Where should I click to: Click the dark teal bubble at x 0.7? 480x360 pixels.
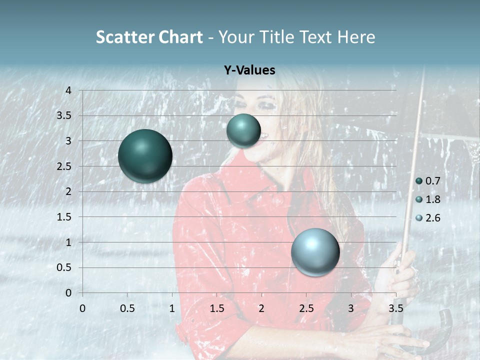coord(145,155)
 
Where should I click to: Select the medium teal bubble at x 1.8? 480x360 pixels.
coord(243,130)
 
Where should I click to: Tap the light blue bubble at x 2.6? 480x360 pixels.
coord(315,252)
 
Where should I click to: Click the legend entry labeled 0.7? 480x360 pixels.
coord(428,181)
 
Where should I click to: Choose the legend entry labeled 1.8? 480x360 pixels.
coord(428,199)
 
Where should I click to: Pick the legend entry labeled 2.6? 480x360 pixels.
coord(428,218)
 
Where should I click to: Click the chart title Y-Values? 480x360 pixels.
coord(249,70)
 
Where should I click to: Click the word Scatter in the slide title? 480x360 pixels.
coord(124,37)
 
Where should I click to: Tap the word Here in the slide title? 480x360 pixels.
coord(355,37)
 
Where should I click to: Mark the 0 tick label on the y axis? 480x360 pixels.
coord(69,293)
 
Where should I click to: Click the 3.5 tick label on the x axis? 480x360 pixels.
coord(396,308)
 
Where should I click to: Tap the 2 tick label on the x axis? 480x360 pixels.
coord(261,308)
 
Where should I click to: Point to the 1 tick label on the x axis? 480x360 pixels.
coord(172,308)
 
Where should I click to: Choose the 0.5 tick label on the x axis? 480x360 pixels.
coord(127,308)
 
